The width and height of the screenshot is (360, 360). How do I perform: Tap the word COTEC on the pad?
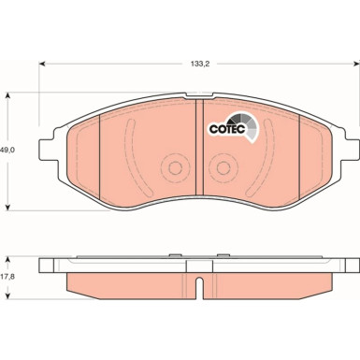point(225,130)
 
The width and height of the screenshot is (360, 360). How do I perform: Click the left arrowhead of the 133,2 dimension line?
point(42,65)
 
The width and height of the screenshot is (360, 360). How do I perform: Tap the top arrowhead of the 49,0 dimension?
point(8,94)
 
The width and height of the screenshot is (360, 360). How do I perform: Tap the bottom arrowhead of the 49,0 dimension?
point(8,206)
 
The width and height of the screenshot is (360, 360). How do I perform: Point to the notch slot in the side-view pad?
point(198,282)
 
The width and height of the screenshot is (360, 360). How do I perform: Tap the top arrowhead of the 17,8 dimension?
point(8,255)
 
